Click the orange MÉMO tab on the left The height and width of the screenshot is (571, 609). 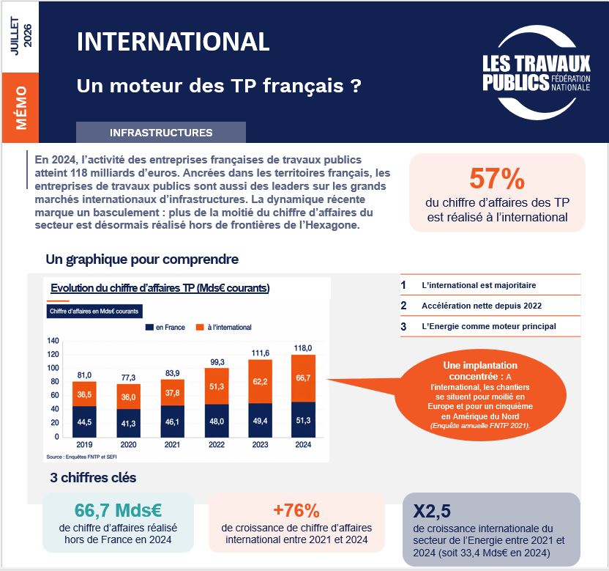(20, 108)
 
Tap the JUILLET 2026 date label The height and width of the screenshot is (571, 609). (20, 36)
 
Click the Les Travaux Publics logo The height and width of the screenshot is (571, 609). (536, 73)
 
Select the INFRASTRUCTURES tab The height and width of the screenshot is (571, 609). (161, 132)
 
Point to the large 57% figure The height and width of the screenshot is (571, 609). (497, 179)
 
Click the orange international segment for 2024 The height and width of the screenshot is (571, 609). (303, 378)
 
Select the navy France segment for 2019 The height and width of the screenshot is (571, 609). (84, 421)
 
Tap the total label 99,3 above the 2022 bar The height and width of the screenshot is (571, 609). (217, 362)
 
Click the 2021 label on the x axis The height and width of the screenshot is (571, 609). (172, 445)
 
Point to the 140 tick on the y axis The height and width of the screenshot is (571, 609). (53, 341)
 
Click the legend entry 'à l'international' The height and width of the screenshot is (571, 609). (224, 328)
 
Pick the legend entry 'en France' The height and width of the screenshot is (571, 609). (165, 328)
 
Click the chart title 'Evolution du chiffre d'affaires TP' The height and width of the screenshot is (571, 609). (160, 288)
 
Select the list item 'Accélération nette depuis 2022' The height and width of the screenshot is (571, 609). (482, 306)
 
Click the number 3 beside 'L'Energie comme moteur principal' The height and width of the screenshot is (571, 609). (403, 327)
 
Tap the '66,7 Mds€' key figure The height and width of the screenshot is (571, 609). (118, 510)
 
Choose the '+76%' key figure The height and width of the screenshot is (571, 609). (296, 510)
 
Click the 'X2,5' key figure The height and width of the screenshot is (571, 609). (432, 511)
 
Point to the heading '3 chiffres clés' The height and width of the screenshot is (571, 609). (93, 478)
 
